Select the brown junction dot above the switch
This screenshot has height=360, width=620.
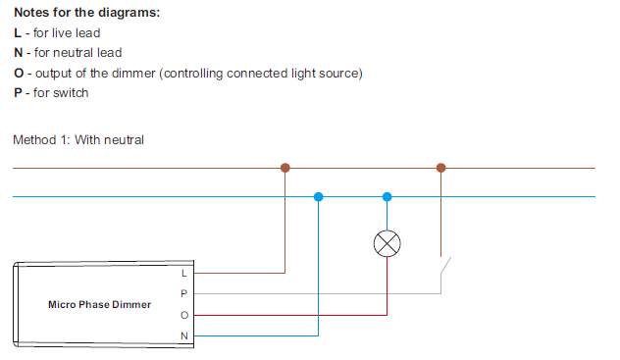(440, 168)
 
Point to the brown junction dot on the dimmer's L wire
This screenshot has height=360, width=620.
(284, 168)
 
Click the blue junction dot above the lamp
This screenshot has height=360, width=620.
(387, 196)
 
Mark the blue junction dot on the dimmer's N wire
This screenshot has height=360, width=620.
(317, 196)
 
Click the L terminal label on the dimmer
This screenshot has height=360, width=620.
(183, 273)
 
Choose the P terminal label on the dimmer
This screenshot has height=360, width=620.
(183, 293)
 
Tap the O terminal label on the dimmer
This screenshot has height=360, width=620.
(183, 315)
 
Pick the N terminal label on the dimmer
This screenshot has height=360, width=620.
(183, 335)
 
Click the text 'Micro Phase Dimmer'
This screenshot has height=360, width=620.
(100, 304)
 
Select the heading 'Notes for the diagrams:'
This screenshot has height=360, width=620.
(85, 13)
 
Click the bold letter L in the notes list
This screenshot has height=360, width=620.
(17, 33)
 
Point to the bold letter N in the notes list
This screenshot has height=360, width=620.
(18, 53)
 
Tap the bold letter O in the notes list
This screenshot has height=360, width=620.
(18, 74)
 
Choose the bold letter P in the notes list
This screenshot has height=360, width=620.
(18, 93)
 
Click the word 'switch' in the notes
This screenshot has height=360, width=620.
(70, 93)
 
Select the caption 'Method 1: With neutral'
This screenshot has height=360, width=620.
(78, 139)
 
